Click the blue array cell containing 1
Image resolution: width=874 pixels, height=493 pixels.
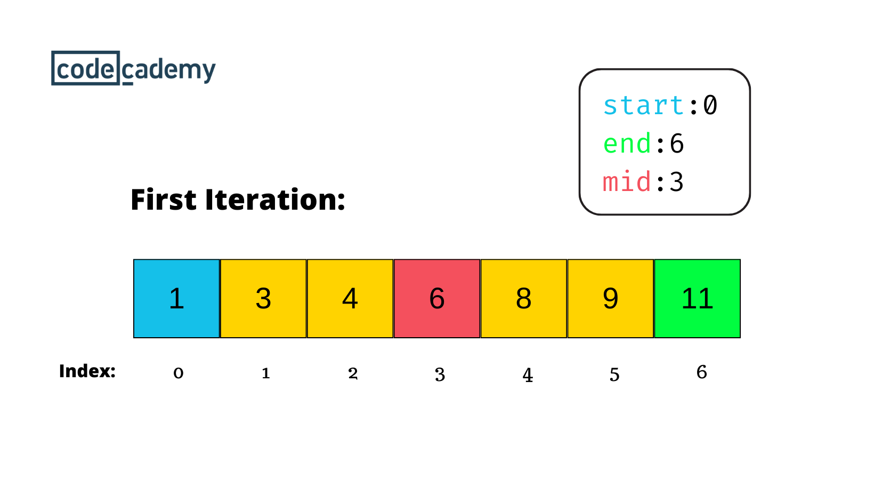click(x=176, y=298)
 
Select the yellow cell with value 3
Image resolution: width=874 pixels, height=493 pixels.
click(x=263, y=298)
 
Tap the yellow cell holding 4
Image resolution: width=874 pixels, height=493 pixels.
click(x=350, y=298)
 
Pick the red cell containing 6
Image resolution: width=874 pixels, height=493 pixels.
click(x=437, y=298)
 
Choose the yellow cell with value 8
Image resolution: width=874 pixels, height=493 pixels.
click(x=524, y=298)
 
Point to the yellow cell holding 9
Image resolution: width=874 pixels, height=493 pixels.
click(x=611, y=298)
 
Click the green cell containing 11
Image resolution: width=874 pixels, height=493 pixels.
click(x=697, y=298)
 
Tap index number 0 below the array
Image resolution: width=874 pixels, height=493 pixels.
click(x=179, y=373)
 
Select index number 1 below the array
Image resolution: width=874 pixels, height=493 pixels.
click(x=265, y=373)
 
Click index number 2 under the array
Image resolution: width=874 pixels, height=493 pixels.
click(x=353, y=373)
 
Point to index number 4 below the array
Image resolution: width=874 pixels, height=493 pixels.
click(x=528, y=375)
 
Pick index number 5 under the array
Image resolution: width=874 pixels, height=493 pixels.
click(x=614, y=375)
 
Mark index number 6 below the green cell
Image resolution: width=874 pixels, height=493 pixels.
click(x=702, y=372)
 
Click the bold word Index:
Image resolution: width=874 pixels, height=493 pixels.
click(x=87, y=371)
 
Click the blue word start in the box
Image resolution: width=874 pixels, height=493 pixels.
click(x=643, y=105)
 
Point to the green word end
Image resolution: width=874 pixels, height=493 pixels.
click(x=627, y=144)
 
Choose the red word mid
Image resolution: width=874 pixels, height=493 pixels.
click(x=627, y=182)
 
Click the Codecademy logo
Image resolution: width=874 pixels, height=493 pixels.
click(x=134, y=69)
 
